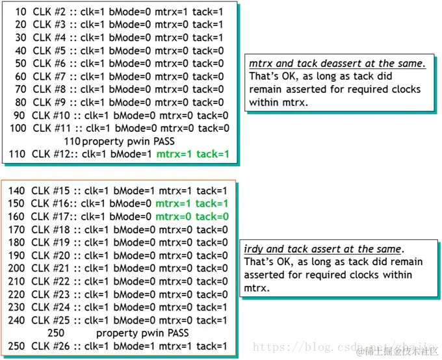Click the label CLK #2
pyautogui.click(x=51, y=12)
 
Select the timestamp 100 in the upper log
pyautogui.click(x=18, y=128)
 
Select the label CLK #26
pyautogui.click(x=52, y=346)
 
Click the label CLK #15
pyautogui.click(x=52, y=190)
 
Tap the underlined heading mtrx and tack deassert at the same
pyautogui.click(x=337, y=63)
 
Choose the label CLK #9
pyautogui.click(x=51, y=102)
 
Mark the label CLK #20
pyautogui.click(x=52, y=255)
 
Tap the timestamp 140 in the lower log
pyautogui.click(x=17, y=190)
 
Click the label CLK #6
pyautogui.click(x=51, y=63)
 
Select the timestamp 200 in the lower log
pyautogui.click(x=17, y=268)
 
